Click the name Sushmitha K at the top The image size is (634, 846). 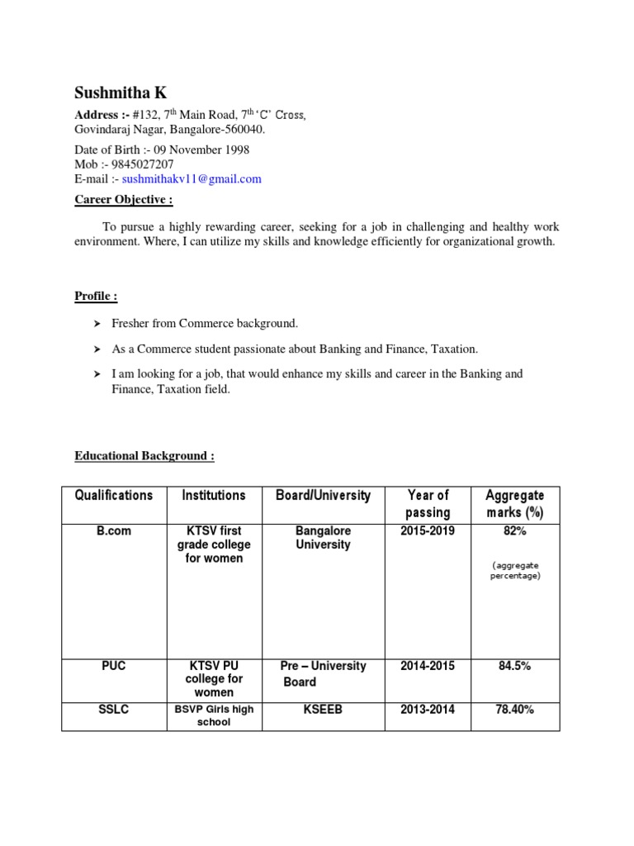point(121,93)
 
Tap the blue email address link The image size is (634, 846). point(192,178)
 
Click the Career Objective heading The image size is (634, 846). point(124,200)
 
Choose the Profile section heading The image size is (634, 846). point(96,296)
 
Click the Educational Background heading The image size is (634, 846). point(144,455)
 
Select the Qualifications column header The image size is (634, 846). point(114,496)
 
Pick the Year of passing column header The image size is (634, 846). point(428,504)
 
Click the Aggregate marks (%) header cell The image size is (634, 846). point(515,504)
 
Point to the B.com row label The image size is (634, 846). point(114,531)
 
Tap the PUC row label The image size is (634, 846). point(114,666)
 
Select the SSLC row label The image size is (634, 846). point(114,710)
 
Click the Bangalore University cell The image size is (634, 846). point(323,538)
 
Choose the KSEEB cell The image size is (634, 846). point(323,710)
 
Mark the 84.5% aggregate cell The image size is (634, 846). point(515,666)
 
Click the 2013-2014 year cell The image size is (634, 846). point(428,710)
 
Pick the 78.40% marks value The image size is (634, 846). point(515,710)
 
